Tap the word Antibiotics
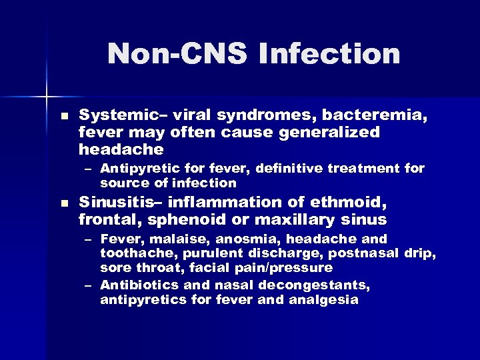(137, 285)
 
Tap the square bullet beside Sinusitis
(63, 202)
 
